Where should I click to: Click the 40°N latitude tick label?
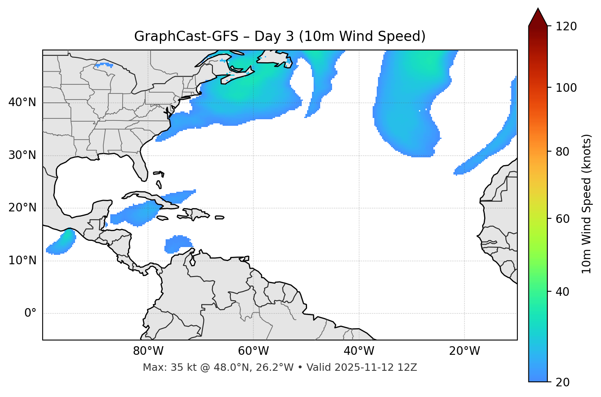click(x=22, y=102)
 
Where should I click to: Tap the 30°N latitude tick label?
click(x=22, y=155)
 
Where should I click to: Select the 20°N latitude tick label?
click(x=22, y=208)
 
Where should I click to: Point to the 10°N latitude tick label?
click(x=22, y=261)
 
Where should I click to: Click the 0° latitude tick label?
click(x=30, y=313)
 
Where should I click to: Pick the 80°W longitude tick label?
click(x=148, y=351)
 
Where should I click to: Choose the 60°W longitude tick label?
click(x=253, y=351)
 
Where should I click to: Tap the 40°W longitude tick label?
click(x=359, y=351)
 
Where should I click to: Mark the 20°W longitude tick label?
click(x=464, y=351)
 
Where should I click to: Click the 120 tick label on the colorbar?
click(x=566, y=27)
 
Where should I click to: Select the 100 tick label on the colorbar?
click(x=566, y=88)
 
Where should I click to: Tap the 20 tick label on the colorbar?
click(x=563, y=382)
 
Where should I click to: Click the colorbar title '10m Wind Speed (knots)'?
click(x=587, y=204)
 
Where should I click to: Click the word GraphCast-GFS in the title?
click(x=186, y=36)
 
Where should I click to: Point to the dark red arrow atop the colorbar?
click(x=538, y=17)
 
